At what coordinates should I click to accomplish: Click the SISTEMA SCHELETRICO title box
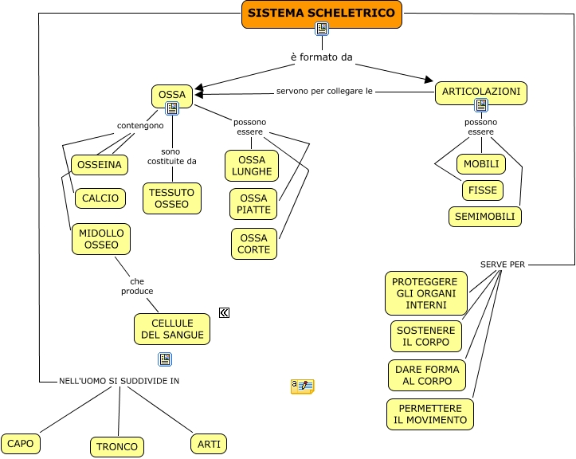point(322,14)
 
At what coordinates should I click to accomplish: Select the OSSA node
point(172,95)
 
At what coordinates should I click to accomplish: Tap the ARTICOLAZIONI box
point(481,92)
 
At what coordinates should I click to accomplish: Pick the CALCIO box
point(100,198)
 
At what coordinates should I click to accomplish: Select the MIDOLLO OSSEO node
point(100,238)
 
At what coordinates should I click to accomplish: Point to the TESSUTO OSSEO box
point(172,198)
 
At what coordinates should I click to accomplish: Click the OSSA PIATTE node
point(254,204)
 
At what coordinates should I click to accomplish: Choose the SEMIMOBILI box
point(484,216)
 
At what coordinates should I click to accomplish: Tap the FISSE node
point(483,190)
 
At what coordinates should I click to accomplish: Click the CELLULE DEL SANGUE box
point(172,328)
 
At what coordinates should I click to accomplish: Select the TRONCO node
point(118,446)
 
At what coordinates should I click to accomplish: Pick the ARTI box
point(209,443)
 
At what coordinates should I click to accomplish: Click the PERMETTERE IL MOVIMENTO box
point(430,414)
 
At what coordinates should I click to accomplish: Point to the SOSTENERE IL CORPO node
point(426,336)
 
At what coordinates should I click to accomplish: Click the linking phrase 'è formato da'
point(321,57)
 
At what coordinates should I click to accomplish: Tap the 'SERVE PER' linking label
point(503,264)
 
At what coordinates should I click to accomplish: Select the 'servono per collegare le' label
point(325,91)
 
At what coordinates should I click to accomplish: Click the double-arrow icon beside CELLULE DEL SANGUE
point(225,313)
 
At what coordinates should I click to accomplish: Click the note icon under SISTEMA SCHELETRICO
point(322,29)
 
